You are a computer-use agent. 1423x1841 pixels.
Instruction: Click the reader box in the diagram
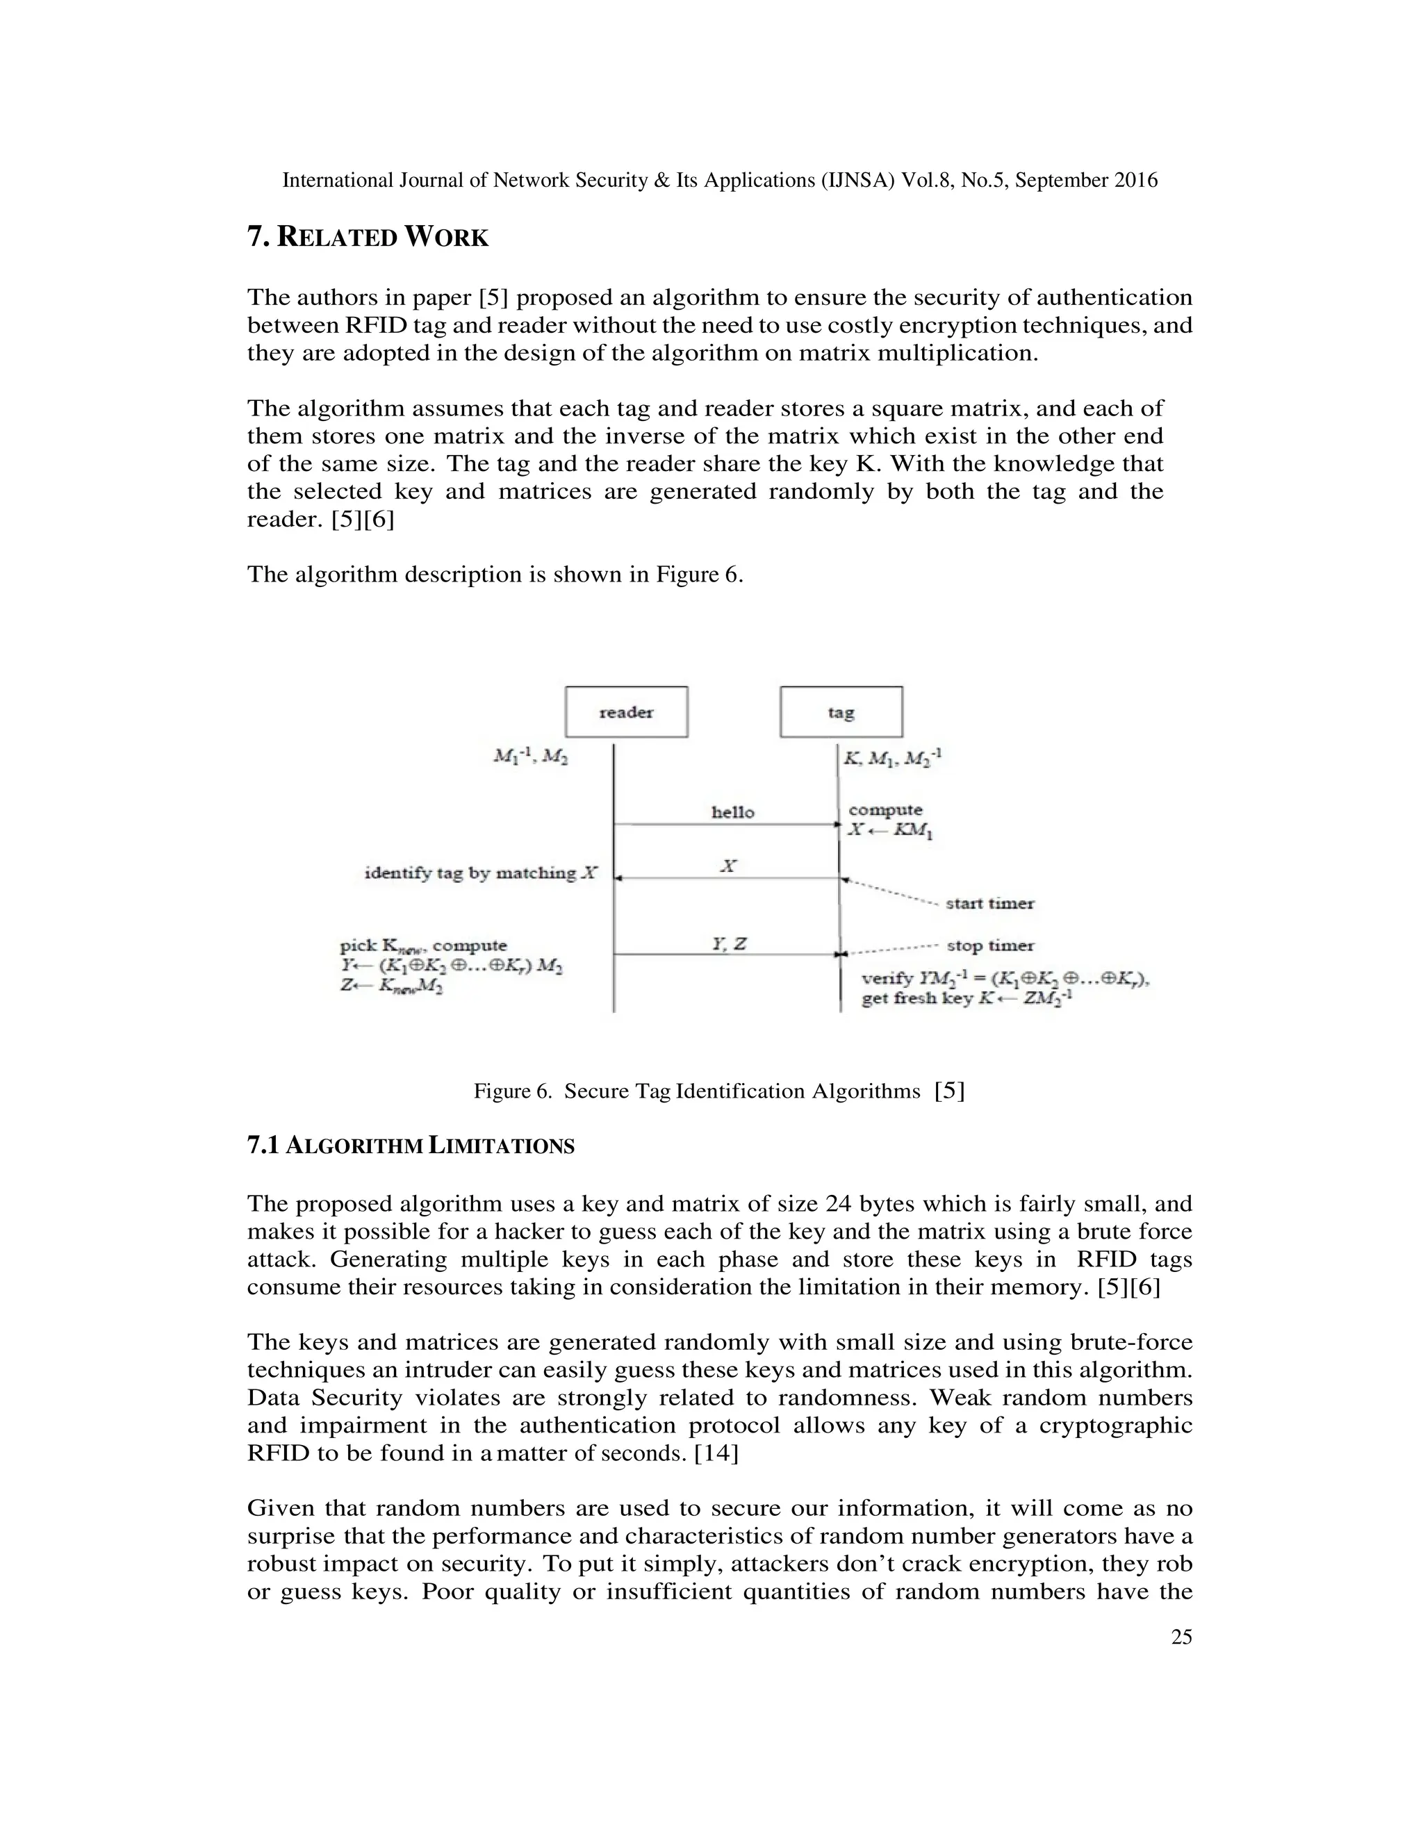(x=626, y=711)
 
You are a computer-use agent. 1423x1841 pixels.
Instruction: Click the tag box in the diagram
(x=841, y=711)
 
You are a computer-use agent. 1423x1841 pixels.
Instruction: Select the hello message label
(x=732, y=811)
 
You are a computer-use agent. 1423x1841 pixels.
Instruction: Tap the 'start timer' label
(x=989, y=903)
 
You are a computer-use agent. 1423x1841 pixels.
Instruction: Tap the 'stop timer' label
(x=989, y=945)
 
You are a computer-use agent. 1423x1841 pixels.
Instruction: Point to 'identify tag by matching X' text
(x=481, y=873)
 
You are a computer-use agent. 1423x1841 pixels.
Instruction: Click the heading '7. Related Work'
(x=368, y=237)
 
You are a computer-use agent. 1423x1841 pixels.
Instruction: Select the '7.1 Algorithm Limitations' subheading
(x=411, y=1146)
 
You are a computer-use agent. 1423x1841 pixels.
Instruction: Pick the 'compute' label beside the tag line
(x=885, y=809)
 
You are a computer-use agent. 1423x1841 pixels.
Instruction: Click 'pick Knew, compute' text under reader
(x=423, y=946)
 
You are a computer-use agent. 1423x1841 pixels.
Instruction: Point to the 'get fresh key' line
(x=966, y=999)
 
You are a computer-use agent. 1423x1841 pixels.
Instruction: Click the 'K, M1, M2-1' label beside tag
(x=892, y=757)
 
